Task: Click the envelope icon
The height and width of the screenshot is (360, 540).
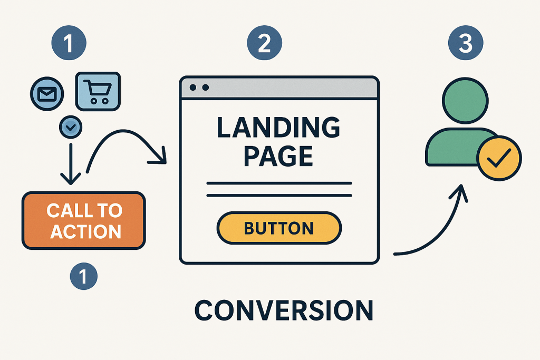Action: click(x=47, y=94)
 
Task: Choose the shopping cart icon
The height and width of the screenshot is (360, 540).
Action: click(x=99, y=91)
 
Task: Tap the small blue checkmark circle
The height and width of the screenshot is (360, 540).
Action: click(x=70, y=127)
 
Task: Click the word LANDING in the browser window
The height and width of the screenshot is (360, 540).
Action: click(x=279, y=128)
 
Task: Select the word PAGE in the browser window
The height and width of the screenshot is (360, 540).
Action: click(x=279, y=157)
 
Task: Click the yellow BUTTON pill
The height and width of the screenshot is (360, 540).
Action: click(x=279, y=228)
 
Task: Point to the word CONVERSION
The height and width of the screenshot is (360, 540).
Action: click(x=284, y=310)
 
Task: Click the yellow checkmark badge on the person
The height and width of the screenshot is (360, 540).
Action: click(x=498, y=158)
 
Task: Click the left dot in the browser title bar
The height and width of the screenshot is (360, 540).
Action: click(x=193, y=87)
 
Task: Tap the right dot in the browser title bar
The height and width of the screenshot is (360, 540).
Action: click(x=205, y=87)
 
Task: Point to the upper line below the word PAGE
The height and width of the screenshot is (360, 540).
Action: click(x=279, y=183)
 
